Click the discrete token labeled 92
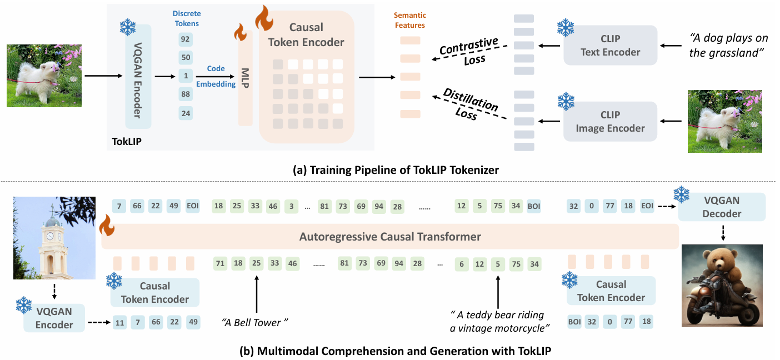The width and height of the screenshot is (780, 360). pos(186,39)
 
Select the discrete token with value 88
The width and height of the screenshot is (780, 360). pos(186,94)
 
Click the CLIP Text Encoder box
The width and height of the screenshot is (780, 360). pos(610,46)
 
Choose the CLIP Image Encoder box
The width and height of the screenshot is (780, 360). pos(610,121)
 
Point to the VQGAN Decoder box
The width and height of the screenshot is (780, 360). pos(722,207)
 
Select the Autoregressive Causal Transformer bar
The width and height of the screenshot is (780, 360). pos(390,237)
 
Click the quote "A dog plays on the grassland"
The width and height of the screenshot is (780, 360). pos(728,46)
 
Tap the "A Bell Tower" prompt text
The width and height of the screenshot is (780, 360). pos(256,322)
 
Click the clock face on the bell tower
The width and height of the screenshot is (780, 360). pos(50,235)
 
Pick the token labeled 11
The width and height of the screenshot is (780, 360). pos(120,322)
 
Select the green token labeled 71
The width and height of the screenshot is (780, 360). pos(221,263)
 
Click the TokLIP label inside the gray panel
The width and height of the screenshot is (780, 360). pos(126,142)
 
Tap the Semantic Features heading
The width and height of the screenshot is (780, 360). pos(410,20)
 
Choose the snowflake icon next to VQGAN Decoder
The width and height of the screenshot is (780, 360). pos(682,195)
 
